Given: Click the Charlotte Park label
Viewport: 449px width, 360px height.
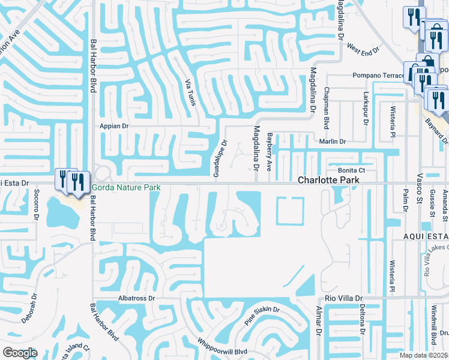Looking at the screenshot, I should click(329, 180).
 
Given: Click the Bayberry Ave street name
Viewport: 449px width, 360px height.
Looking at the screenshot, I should click(270, 152).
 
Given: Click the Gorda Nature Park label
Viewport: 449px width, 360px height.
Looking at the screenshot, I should click(125, 188).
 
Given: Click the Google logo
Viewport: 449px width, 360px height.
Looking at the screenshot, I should click(19, 353).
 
